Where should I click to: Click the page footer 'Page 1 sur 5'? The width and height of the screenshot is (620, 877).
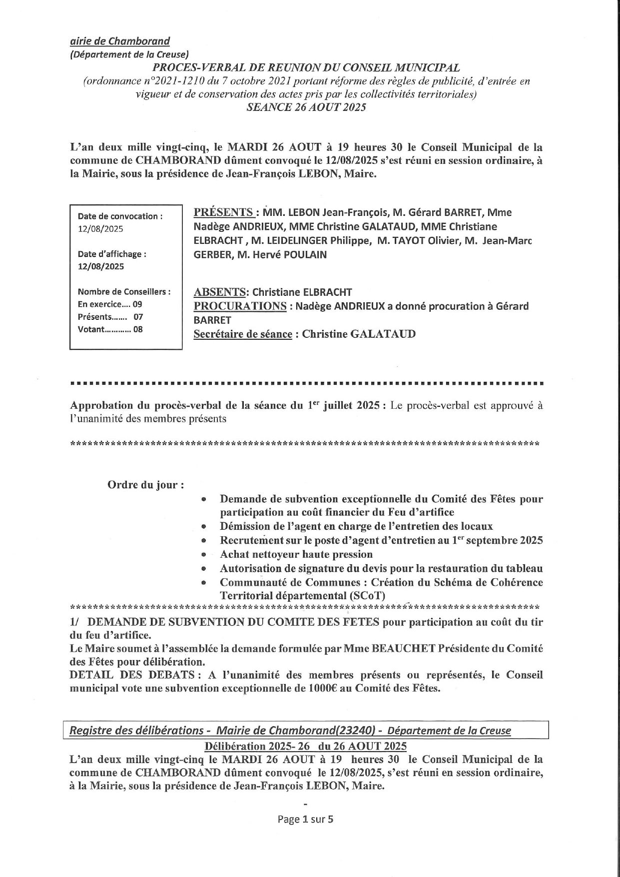point(305,819)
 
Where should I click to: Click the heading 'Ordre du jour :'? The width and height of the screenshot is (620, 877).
point(142,485)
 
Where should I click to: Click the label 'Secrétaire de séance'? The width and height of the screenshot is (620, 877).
point(242,334)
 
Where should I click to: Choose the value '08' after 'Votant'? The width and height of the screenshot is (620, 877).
point(137,329)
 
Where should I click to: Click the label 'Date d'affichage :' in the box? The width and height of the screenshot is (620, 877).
point(112,254)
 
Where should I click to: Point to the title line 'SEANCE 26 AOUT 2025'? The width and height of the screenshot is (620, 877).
point(306,107)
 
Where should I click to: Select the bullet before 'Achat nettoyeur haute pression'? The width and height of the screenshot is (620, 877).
point(203,555)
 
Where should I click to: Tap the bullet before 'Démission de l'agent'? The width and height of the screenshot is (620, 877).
point(203,527)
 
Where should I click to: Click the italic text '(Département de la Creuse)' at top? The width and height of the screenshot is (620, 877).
point(129,54)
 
